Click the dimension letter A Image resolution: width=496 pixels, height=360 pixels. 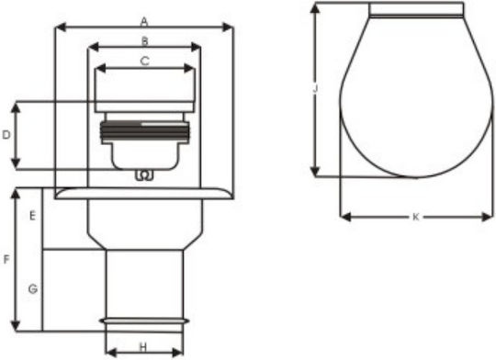[x=144, y=22]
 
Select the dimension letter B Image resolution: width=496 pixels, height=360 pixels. [x=144, y=41]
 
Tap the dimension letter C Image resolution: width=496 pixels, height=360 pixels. [x=144, y=61]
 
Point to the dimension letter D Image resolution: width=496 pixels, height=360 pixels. [x=6, y=135]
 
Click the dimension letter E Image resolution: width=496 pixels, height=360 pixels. [x=32, y=216]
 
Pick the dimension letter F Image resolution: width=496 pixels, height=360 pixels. [x=6, y=260]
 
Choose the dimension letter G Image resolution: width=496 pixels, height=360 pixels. [x=33, y=288]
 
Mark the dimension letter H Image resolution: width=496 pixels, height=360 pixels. [x=143, y=347]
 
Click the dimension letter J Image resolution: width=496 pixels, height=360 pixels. [x=315, y=89]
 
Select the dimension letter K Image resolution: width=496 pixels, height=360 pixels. [x=416, y=217]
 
